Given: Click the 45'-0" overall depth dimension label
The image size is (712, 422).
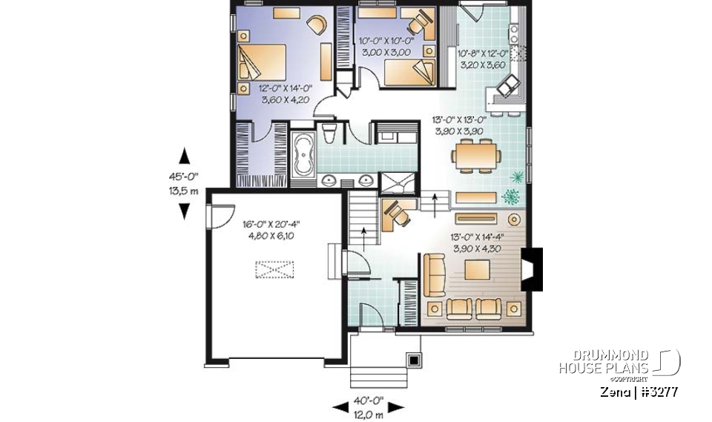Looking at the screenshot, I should tap(185, 177).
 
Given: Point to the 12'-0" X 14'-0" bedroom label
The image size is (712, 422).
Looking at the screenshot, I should tap(285, 88).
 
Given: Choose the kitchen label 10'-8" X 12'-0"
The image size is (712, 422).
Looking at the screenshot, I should tap(482, 54).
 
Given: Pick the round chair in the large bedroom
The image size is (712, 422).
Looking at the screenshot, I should tap(316, 24).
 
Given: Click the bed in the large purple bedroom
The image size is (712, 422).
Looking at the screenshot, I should tap(261, 62).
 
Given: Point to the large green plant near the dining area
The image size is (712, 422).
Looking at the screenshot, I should tap(510, 197).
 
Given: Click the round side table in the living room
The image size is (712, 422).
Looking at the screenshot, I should tap(513, 219).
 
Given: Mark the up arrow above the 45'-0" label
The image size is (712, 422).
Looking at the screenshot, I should tap(185, 156).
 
